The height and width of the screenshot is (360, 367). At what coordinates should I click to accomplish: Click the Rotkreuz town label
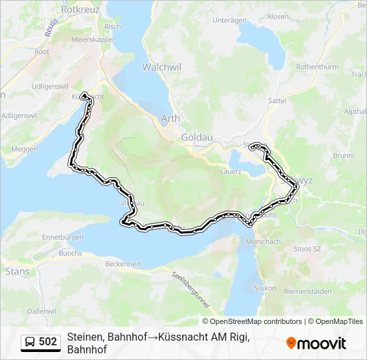click(x=79, y=10)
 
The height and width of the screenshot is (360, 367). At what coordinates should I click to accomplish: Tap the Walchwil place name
click(x=158, y=67)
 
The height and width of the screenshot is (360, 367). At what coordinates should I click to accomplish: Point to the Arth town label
click(x=171, y=119)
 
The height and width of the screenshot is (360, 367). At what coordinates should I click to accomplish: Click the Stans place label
click(x=17, y=271)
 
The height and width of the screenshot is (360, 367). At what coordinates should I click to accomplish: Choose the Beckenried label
click(x=123, y=264)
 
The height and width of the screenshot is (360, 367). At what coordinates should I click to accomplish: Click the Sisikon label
click(x=265, y=288)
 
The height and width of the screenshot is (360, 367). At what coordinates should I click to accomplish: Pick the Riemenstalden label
click(x=308, y=291)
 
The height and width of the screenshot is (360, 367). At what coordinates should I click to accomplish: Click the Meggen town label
click(x=25, y=149)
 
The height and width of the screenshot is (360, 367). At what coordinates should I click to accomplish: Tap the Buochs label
click(x=71, y=253)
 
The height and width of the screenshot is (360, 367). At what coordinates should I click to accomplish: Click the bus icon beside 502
click(x=30, y=342)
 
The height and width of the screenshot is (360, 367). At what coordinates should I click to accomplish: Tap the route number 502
click(x=48, y=342)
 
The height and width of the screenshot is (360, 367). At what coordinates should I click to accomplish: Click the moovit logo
click(x=316, y=343)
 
